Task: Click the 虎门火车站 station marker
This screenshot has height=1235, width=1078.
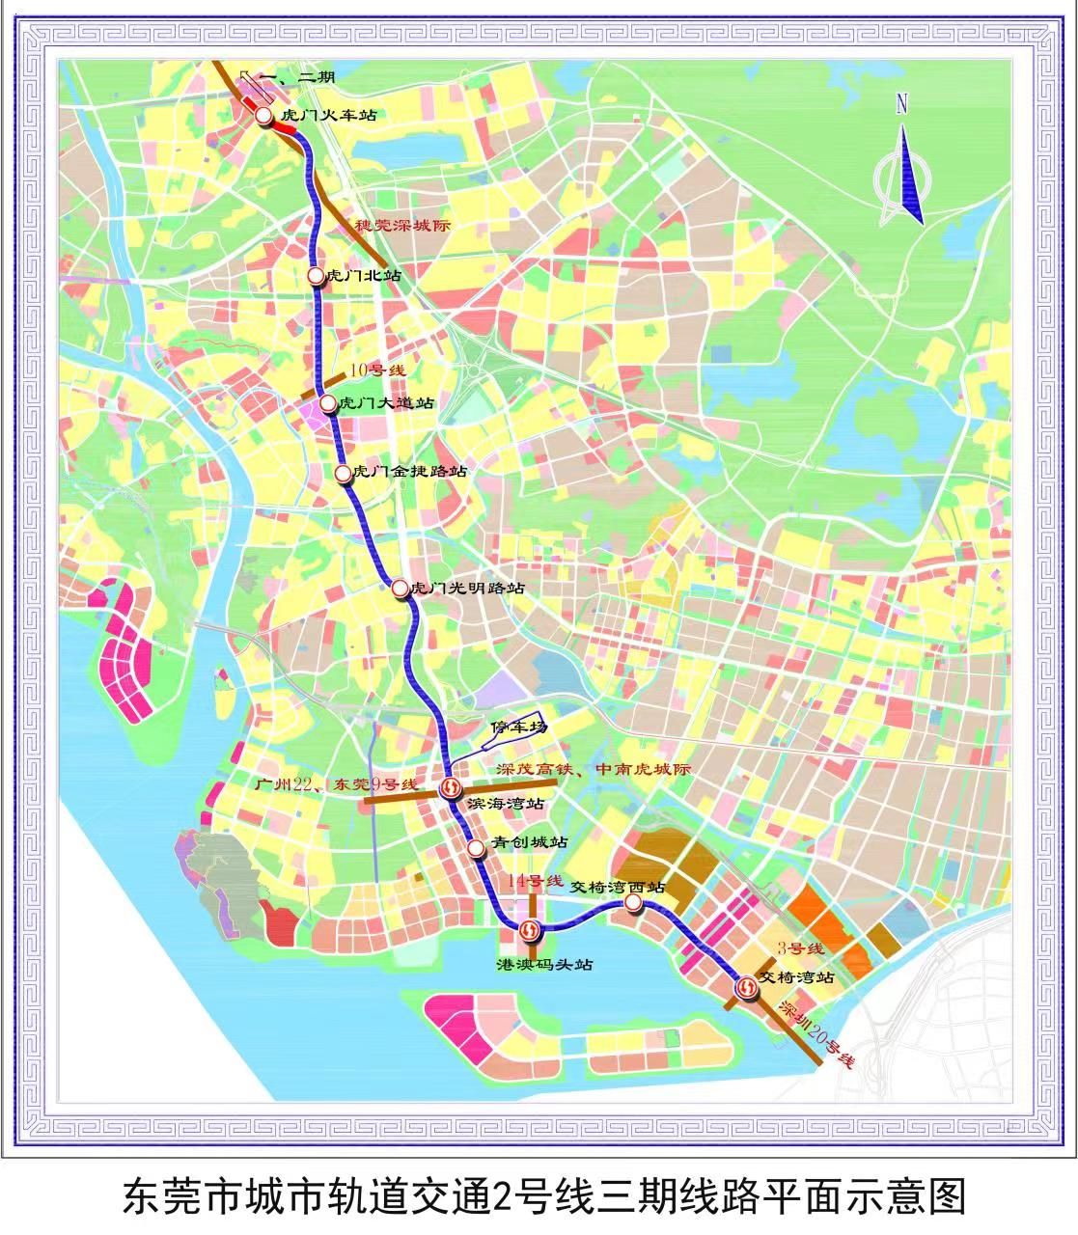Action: pos(263,116)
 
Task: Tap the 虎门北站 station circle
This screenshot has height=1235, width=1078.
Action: pos(316,276)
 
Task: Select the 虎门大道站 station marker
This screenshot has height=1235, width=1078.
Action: pos(328,402)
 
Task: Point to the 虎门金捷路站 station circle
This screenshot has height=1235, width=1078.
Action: pos(343,473)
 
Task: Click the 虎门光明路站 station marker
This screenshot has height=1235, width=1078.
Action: pos(400,587)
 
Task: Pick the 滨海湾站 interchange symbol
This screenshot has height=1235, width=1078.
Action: pos(450,788)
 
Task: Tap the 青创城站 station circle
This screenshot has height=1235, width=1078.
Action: pos(476,848)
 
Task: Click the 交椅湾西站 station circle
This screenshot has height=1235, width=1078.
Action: pos(632,902)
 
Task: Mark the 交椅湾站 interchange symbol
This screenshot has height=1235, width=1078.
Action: pos(747,988)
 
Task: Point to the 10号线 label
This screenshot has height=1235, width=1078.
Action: pos(377,370)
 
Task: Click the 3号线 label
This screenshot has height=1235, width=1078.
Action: pos(800,948)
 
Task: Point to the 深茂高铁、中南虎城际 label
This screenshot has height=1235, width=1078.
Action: pos(594,770)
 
